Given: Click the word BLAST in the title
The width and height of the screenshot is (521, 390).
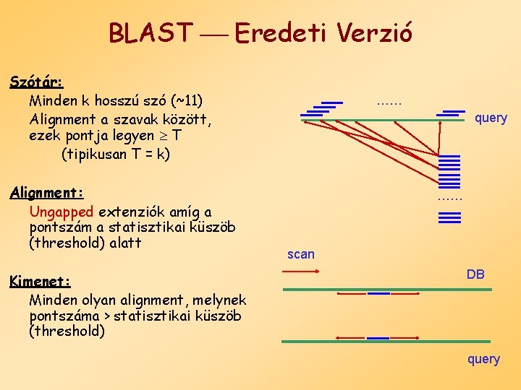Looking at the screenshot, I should point(151,32).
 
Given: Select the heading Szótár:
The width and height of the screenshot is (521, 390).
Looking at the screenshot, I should point(37,81).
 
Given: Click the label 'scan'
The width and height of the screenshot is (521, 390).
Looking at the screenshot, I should point(301,253).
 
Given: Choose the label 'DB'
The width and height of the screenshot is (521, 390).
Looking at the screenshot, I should point(475,274).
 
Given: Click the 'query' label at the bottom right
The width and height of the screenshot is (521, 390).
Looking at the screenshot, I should point(483,359).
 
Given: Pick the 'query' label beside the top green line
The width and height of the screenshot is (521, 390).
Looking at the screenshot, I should point(491,118).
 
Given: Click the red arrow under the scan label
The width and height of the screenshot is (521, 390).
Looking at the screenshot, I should point(300,271).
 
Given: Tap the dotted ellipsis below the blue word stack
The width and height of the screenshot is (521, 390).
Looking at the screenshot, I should point(449,198).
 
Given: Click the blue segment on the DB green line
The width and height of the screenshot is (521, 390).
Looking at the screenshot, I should point(378,293).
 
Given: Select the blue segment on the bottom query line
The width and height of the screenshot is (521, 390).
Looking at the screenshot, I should point(378,338).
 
